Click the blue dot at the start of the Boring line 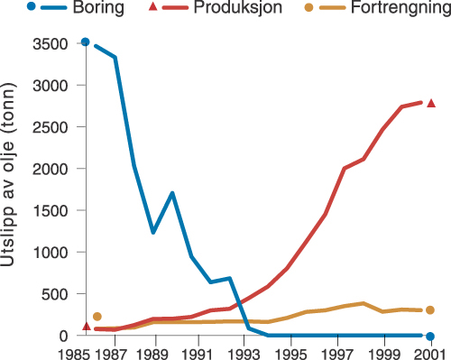click(x=86, y=42)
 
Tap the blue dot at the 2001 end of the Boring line click(x=430, y=337)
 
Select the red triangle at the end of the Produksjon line click(x=431, y=103)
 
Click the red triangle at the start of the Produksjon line click(x=86, y=326)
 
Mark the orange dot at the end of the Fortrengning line click(x=431, y=310)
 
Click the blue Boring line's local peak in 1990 click(x=171, y=193)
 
